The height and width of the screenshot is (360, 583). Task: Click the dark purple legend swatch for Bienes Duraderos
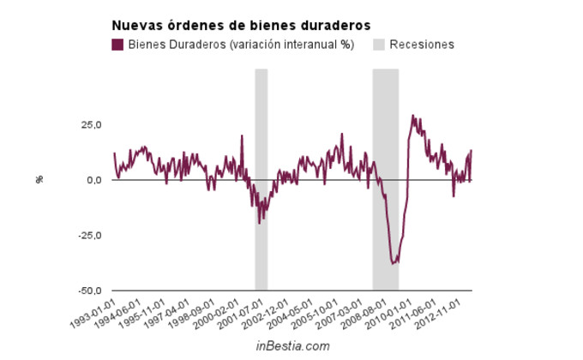[118, 45]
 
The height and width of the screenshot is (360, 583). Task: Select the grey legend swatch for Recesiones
[379, 45]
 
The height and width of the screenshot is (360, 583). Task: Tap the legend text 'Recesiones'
[422, 45]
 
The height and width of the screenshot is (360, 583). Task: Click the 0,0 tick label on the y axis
[93, 180]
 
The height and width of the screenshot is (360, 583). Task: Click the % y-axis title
[39, 179]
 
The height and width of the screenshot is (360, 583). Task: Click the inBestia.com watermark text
[292, 346]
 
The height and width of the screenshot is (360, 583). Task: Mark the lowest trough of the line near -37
[393, 263]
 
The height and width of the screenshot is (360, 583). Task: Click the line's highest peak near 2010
[412, 116]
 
